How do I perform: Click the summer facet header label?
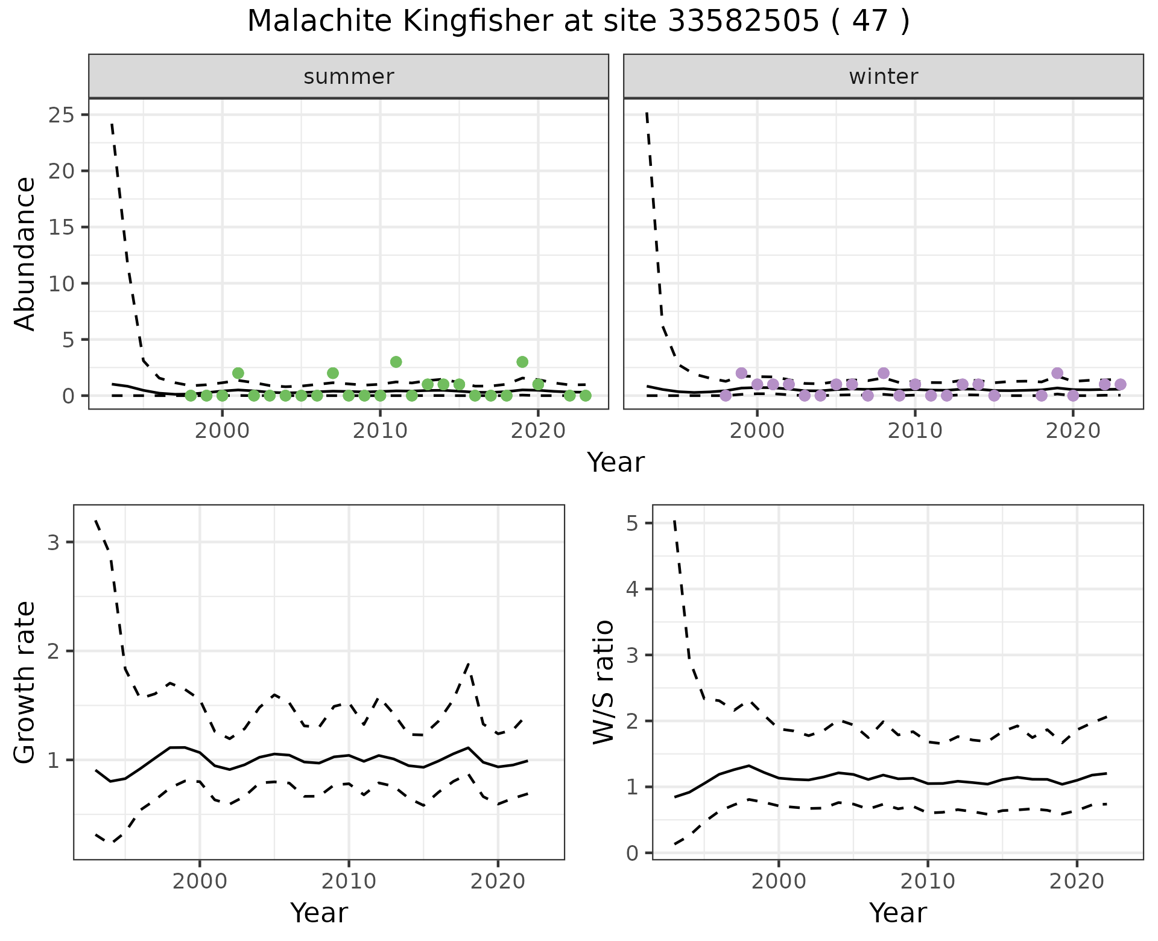tap(349, 77)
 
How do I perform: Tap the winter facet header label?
tap(884, 77)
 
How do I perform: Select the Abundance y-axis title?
tap(25, 254)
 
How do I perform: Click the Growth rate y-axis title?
tap(25, 682)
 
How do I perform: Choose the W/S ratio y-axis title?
tap(604, 682)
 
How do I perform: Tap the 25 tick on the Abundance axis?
tap(61, 115)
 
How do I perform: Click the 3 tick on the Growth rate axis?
tap(53, 542)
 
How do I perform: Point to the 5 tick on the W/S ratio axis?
tap(632, 523)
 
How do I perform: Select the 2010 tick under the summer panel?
tap(380, 432)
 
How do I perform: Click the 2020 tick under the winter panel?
tap(1073, 432)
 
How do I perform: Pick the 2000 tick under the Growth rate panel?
tap(200, 881)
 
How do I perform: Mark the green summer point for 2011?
tap(396, 362)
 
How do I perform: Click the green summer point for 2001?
tap(238, 373)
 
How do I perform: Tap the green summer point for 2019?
tap(522, 362)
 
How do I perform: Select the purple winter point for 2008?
tap(884, 373)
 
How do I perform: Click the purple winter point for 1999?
tap(741, 373)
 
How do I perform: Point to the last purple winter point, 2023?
tap(1120, 384)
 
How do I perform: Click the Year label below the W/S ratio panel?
tap(897, 913)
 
